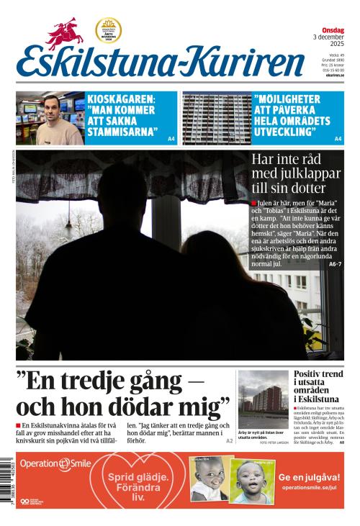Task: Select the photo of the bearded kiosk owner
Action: click(49, 118)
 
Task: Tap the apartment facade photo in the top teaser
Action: click(216, 118)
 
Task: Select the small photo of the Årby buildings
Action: click(263, 400)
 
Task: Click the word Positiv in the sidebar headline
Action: click(310, 375)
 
